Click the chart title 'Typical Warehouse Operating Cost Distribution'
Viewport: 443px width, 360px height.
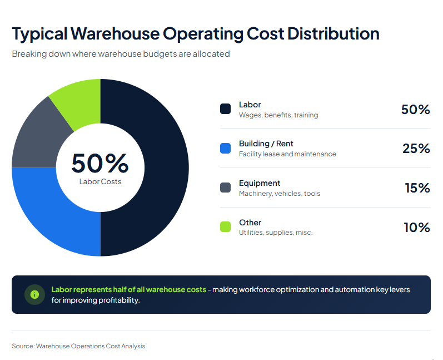coord(195,33)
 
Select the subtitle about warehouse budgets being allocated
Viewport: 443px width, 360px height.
coord(121,54)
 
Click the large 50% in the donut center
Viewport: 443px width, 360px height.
coord(100,162)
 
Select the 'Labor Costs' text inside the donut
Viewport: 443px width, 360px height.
coord(100,181)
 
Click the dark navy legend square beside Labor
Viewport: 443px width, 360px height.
coord(226,109)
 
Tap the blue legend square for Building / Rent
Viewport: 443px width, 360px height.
coord(226,148)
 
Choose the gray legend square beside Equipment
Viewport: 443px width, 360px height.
coord(226,188)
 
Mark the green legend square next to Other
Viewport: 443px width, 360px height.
coord(226,226)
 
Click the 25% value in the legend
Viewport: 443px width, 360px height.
coord(416,149)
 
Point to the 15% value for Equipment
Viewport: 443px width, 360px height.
coord(417,188)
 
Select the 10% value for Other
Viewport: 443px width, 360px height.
coord(416,227)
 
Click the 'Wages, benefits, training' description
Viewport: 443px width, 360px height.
coord(278,115)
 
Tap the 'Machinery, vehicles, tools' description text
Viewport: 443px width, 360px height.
coord(280,194)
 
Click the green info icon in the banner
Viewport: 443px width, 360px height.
coord(34,294)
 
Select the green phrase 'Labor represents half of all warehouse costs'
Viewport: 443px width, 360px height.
coord(128,289)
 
